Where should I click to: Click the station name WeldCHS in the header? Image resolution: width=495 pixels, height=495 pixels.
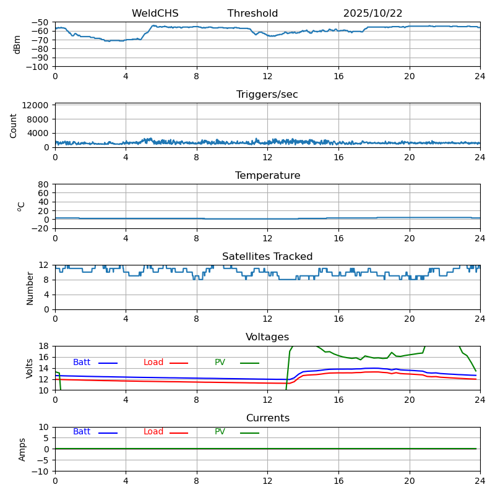(155, 14)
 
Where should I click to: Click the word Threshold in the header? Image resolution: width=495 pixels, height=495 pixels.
(252, 14)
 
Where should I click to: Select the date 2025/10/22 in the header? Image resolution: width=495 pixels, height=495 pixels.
(372, 14)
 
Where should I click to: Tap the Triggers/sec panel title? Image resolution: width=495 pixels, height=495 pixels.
(267, 95)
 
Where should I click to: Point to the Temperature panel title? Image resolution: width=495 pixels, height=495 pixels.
(267, 176)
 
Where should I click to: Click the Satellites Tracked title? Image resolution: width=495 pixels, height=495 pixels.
(267, 257)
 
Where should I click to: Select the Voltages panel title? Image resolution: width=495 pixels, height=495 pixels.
(267, 337)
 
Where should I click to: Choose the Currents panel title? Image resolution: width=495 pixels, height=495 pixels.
(267, 418)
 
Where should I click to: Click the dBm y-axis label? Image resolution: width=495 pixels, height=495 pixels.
(17, 45)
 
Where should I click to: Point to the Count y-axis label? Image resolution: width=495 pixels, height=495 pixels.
(14, 125)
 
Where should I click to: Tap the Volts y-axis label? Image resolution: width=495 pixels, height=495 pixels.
(30, 368)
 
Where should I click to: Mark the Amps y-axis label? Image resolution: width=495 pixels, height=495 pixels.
(22, 449)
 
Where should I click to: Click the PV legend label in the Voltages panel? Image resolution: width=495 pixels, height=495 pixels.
(220, 363)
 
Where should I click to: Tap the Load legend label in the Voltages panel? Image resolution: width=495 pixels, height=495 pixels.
(153, 363)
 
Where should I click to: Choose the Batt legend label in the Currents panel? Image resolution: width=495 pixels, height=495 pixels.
(82, 432)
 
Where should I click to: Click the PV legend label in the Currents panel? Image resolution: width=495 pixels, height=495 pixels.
(220, 432)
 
